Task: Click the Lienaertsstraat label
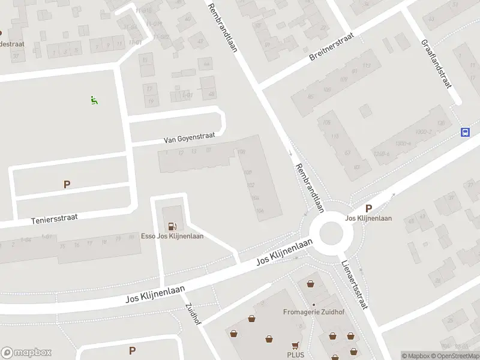(x=354, y=284)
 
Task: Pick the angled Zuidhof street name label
(x=193, y=313)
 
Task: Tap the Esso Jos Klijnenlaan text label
(x=172, y=236)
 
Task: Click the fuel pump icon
(x=173, y=226)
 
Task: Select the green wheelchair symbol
(x=94, y=100)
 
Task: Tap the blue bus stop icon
(x=465, y=133)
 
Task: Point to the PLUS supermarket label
(x=295, y=355)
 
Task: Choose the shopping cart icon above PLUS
(x=295, y=346)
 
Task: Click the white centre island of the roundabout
(x=331, y=233)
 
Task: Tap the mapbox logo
(x=26, y=353)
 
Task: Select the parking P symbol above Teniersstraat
(x=67, y=185)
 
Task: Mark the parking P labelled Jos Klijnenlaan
(x=368, y=209)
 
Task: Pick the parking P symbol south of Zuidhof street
(x=132, y=350)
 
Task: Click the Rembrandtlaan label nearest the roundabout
(x=310, y=188)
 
